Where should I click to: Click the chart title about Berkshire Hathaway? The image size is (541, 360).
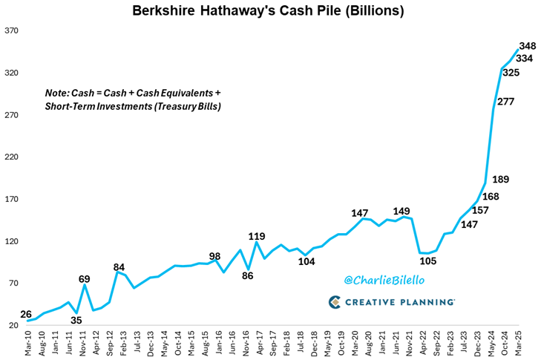269,11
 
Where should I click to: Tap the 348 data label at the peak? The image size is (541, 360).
527,46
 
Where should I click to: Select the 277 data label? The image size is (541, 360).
505,102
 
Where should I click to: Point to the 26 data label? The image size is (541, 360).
26,314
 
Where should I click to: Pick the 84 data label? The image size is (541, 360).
119,267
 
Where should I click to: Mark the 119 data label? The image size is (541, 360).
257,238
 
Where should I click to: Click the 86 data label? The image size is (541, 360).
246,275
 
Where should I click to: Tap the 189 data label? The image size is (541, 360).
500,179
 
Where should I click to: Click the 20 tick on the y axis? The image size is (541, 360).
13,326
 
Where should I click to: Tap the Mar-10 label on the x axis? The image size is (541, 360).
28,343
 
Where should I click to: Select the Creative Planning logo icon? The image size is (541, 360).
335,302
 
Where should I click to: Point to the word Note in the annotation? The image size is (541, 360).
57,94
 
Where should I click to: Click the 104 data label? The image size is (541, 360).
306,261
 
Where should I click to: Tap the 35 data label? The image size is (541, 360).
76,321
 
